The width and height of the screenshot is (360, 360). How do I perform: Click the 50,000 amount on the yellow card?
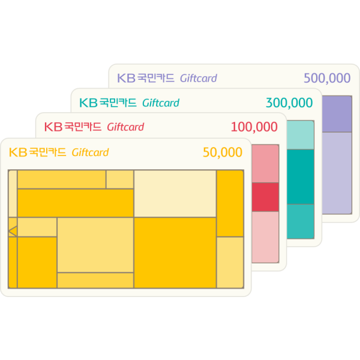coord(223,152)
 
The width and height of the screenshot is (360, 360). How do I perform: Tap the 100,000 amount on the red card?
coord(254,127)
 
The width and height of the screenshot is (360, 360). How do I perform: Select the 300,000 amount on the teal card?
coord(289,103)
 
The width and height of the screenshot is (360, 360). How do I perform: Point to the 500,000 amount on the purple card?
coord(327,78)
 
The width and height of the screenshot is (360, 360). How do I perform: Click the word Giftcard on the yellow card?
coord(90,152)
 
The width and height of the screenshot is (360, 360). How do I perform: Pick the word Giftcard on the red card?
coord(125,127)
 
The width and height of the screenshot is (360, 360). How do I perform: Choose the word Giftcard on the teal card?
coord(161,103)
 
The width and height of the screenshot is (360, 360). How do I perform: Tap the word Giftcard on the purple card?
coord(199,78)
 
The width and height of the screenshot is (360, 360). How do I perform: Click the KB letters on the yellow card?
coord(19,152)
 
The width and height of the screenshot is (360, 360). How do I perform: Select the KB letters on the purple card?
coord(127,78)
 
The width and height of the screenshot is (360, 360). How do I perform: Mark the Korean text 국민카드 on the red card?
coord(83,127)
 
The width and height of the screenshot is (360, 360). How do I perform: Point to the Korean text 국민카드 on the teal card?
coord(118,103)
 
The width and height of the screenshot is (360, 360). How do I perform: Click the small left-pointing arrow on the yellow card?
coord(12,230)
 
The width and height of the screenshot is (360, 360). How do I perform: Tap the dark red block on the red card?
coord(266,197)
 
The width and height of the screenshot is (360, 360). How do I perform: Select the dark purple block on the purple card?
coord(337,114)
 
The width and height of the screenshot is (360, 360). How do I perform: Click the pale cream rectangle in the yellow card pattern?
coord(175,193)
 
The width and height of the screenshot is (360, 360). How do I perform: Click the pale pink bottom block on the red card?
coord(266,236)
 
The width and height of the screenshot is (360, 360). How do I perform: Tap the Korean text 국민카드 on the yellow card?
coord(47,152)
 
